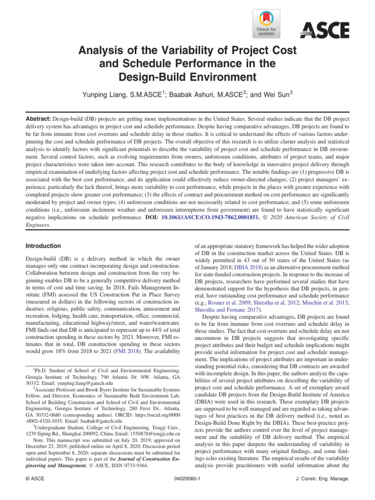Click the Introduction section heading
[43, 246]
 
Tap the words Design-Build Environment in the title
[187, 76]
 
